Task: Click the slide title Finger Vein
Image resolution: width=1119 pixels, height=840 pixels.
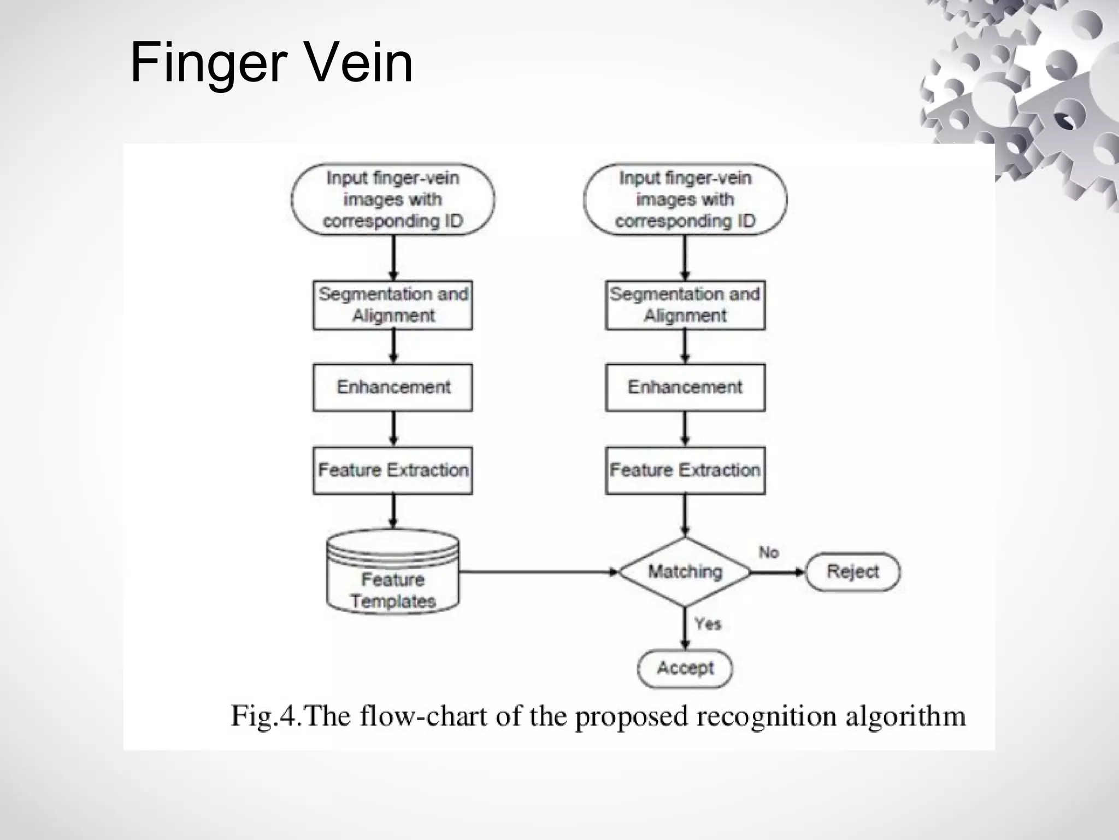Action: click(272, 63)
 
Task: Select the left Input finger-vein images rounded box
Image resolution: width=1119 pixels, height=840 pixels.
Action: click(392, 200)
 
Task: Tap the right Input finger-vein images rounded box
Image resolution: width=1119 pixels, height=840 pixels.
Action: click(685, 200)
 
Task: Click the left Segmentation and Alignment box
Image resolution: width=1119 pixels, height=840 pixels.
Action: click(392, 305)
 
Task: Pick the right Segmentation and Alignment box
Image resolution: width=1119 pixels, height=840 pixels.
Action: click(685, 305)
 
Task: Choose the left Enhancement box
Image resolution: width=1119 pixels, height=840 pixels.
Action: click(392, 387)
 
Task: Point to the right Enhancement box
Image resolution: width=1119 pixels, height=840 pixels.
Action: click(685, 387)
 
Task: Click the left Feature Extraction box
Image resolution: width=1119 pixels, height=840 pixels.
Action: click(392, 470)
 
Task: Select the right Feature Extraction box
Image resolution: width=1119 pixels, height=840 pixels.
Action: click(685, 470)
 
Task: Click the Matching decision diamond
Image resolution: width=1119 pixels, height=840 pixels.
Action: click(685, 572)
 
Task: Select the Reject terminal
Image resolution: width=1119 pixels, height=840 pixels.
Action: click(852, 572)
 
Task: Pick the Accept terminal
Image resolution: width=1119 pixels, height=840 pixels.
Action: click(685, 668)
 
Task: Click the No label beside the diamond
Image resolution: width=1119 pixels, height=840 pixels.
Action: click(768, 553)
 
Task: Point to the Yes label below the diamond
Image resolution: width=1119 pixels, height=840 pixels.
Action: click(708, 624)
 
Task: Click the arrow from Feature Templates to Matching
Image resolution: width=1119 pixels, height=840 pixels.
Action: click(538, 572)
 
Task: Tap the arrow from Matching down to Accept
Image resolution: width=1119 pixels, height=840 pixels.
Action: click(685, 628)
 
